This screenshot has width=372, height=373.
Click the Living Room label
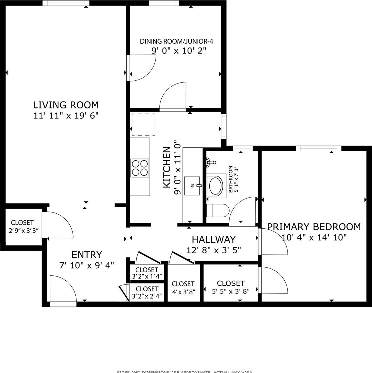coord(66,105)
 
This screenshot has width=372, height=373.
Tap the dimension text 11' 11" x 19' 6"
coord(66,115)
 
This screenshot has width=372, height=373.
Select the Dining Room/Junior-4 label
coord(176,41)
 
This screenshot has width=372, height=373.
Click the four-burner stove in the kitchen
coord(140,168)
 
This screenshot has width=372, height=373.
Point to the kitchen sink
coord(192,186)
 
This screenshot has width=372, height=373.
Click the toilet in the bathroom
coord(218,211)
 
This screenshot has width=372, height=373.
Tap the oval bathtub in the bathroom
coord(216,186)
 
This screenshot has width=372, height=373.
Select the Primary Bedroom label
coord(314,227)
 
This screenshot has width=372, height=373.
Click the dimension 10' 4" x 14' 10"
coord(314,237)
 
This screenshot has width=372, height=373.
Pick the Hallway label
coord(214,239)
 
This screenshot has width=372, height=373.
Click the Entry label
coord(87,255)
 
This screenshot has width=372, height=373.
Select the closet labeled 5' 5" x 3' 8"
coord(231,286)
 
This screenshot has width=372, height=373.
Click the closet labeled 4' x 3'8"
coord(183,287)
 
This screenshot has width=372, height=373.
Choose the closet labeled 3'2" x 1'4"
coord(147,273)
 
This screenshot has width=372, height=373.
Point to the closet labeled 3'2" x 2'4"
coord(147,292)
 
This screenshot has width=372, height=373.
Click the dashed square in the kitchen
coord(143,125)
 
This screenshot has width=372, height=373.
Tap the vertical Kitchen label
coord(167,167)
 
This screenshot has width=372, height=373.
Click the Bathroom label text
coord(231,179)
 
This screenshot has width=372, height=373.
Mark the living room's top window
coord(66,3)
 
